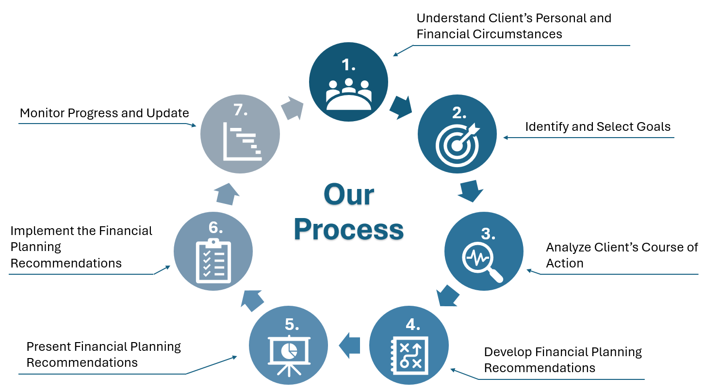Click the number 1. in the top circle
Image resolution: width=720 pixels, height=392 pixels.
tap(348, 65)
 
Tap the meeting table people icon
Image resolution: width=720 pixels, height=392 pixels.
tap(349, 94)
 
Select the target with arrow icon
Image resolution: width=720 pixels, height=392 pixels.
tap(458, 144)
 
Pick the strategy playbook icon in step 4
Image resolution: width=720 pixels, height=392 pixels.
tap(409, 355)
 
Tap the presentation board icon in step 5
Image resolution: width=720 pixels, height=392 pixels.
tap(289, 355)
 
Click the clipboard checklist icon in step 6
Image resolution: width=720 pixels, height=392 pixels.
tap(213, 261)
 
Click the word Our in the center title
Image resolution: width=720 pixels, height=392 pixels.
tap(349, 195)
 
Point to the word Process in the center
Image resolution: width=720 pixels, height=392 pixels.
tap(349, 230)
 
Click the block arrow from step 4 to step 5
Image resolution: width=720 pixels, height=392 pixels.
tap(349, 345)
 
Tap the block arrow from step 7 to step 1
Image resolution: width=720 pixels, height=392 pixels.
tap(293, 108)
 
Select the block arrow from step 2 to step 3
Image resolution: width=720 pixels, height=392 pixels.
tap(471, 191)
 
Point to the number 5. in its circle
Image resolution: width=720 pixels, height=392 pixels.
tap(292, 324)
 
